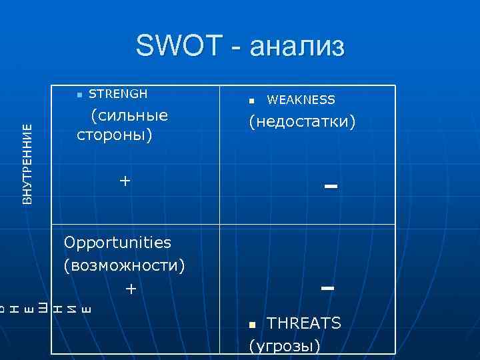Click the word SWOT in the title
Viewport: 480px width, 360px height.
point(177,47)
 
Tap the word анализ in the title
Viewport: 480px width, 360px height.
point(297,48)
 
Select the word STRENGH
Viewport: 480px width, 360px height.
point(118,93)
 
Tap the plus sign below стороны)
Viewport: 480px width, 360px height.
point(124,181)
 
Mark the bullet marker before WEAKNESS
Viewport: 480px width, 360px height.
point(251,101)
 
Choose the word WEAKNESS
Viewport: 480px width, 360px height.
point(301,100)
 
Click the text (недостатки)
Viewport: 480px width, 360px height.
point(302,122)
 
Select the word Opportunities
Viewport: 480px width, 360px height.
point(117,243)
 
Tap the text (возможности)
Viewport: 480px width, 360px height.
point(124,265)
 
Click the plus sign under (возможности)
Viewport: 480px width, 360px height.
point(131,289)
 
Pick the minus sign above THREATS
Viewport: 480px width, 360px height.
point(327,289)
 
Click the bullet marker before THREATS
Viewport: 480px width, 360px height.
point(252,325)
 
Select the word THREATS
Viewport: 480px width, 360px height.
point(304,323)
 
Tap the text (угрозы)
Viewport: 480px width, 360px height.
point(284,346)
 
